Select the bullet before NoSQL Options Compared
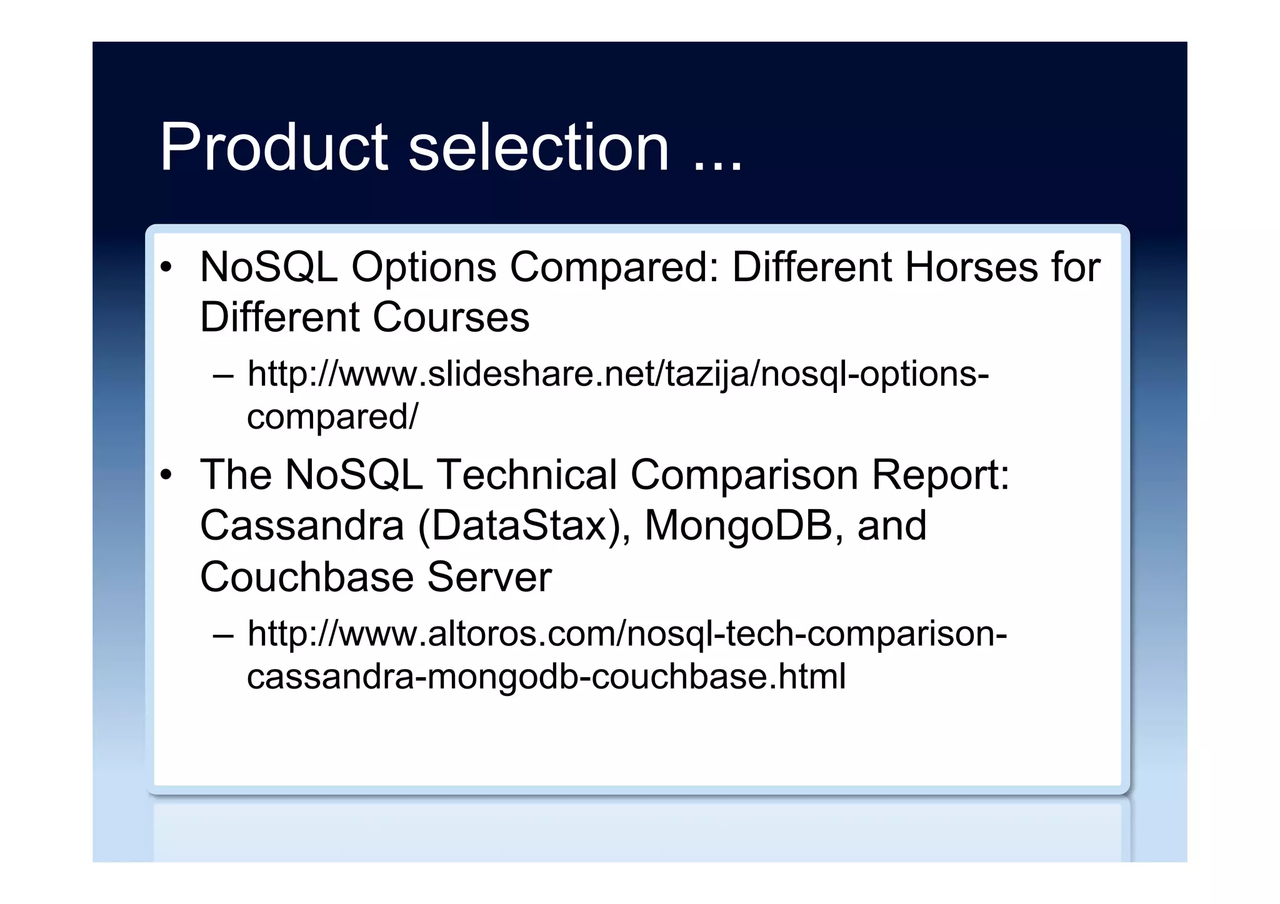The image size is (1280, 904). tap(166, 268)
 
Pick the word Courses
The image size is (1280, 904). tap(451, 317)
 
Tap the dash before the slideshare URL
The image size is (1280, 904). tap(222, 376)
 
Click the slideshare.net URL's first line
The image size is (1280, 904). tap(617, 375)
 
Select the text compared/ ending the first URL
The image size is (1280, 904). tap(332, 417)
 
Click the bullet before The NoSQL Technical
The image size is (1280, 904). tap(166, 475)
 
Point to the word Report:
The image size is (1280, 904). tap(941, 475)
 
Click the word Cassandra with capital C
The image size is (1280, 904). tap(302, 526)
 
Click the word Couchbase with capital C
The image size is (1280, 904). tap(307, 577)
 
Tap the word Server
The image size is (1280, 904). tap(489, 577)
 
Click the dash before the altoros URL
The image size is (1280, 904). tap(222, 636)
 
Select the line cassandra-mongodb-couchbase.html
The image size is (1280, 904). tap(546, 677)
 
